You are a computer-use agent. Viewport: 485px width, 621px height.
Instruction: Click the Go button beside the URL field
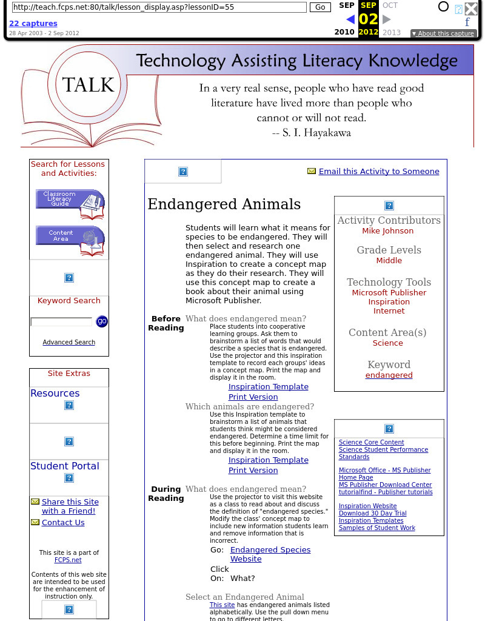point(320,7)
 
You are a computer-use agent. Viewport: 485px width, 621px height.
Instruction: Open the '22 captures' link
point(33,24)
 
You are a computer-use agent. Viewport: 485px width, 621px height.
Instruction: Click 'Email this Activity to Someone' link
point(378,172)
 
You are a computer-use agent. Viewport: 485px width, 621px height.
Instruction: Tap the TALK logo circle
point(88,85)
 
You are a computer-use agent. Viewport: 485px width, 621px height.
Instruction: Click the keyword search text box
point(61,321)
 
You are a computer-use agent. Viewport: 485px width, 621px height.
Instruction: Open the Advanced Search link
point(69,342)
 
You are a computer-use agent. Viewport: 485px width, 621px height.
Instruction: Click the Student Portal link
point(65,466)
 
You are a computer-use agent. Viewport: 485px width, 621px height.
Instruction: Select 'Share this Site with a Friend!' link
point(70,506)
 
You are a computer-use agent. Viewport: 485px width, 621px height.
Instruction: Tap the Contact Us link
point(63,523)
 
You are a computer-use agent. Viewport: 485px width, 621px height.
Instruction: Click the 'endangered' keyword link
point(389,375)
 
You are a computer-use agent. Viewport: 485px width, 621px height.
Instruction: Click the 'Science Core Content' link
point(371,443)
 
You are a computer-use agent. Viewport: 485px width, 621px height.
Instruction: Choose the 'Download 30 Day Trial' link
point(372,514)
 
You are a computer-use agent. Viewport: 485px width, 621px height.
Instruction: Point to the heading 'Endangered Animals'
point(224,204)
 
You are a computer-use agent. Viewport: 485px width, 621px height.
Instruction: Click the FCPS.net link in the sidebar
point(69,560)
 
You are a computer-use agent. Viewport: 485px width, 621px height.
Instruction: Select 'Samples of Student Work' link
point(376,528)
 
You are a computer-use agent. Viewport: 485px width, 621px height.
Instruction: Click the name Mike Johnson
point(387,231)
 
